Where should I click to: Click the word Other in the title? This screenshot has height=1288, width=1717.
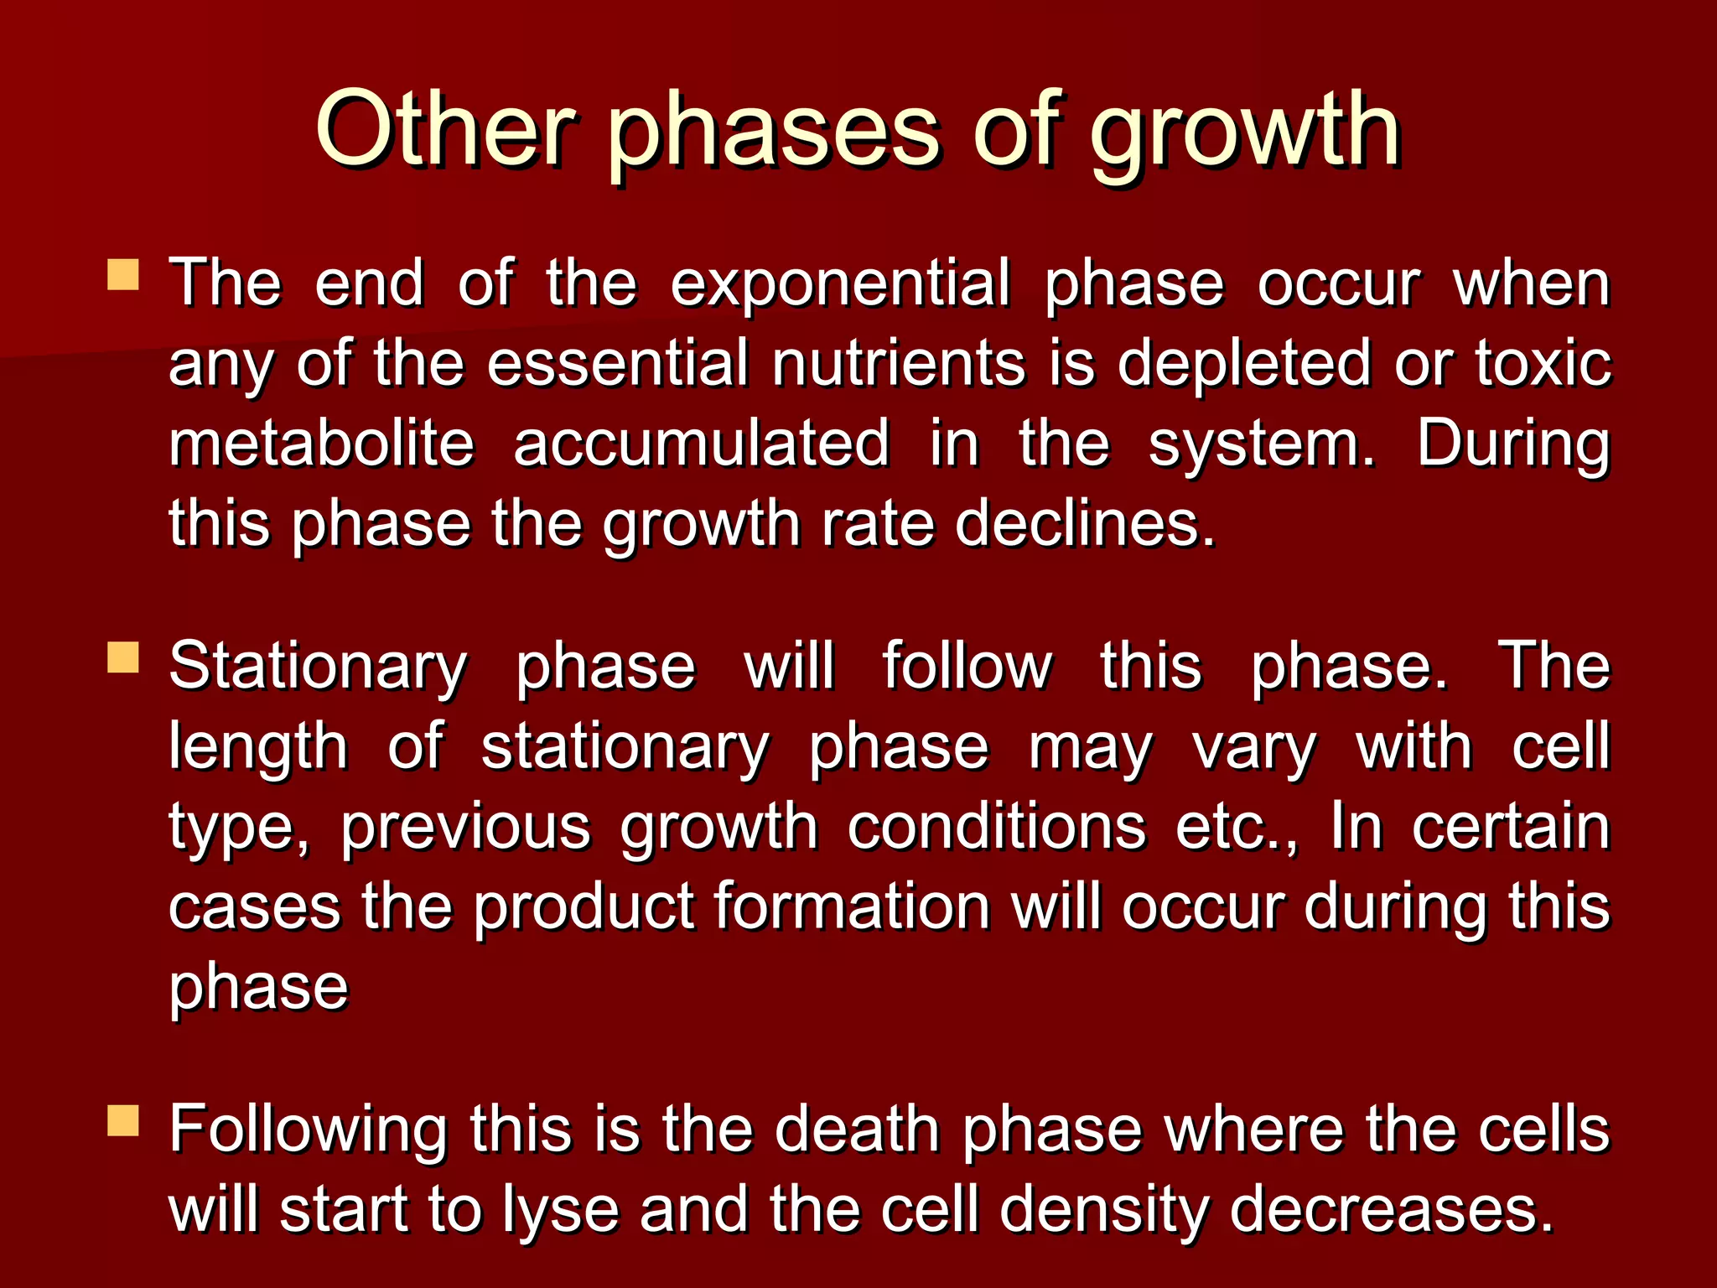coord(445,130)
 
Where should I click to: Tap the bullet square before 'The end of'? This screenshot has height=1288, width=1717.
coord(123,275)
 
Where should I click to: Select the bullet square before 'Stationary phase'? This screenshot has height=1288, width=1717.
coord(123,658)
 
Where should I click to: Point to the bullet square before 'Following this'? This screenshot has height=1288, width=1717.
coord(123,1121)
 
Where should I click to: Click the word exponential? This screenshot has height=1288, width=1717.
coord(840,285)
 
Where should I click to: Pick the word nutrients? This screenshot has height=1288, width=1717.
coord(899,364)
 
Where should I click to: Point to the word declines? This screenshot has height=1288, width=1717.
coord(1085,523)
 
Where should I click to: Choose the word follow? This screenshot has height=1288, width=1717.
coord(966,667)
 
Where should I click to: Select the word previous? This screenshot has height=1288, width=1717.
coord(466,828)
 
